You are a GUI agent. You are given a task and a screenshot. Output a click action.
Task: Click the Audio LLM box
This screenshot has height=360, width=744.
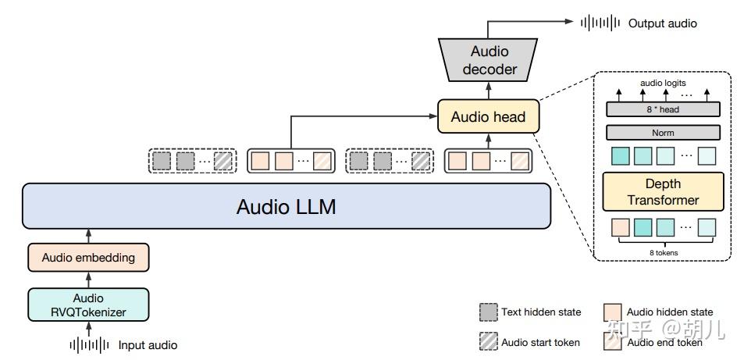click(x=287, y=206)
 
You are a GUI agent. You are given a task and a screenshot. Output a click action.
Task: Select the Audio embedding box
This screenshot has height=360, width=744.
click(x=88, y=258)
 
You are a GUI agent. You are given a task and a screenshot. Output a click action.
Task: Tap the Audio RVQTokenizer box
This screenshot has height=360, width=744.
click(x=88, y=305)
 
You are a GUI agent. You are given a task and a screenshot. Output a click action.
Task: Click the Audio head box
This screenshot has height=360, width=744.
click(x=488, y=116)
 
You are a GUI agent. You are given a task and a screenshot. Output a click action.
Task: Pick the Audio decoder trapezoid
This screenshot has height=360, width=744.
click(x=488, y=60)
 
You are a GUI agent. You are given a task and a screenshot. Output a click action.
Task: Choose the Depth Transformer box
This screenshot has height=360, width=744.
click(x=663, y=191)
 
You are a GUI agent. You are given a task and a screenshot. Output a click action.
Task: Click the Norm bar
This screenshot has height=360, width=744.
click(x=663, y=133)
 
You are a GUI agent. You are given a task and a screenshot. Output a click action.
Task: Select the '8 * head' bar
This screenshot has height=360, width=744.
click(x=663, y=109)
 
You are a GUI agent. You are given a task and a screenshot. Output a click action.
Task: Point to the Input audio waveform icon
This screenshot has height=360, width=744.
click(x=89, y=345)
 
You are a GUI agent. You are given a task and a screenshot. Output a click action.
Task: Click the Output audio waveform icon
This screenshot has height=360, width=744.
click(x=600, y=23)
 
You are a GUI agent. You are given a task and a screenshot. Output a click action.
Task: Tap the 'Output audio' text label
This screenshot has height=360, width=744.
click(x=662, y=23)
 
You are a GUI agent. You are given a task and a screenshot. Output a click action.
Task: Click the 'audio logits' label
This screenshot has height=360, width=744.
click(x=663, y=83)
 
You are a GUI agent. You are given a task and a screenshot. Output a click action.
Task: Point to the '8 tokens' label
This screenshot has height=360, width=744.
click(x=664, y=253)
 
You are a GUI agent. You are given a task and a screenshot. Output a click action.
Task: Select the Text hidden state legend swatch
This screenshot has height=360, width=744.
click(x=488, y=312)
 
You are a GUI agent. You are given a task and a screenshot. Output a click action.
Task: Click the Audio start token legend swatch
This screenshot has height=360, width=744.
click(x=488, y=341)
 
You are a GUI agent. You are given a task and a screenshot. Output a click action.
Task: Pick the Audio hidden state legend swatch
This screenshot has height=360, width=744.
click(x=613, y=312)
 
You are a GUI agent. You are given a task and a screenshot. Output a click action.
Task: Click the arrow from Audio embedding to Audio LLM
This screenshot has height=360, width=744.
click(x=88, y=236)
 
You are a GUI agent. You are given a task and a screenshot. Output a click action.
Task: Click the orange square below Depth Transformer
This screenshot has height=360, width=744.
click(x=620, y=227)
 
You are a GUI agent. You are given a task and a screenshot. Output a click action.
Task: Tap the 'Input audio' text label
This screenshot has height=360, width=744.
click(x=148, y=345)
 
